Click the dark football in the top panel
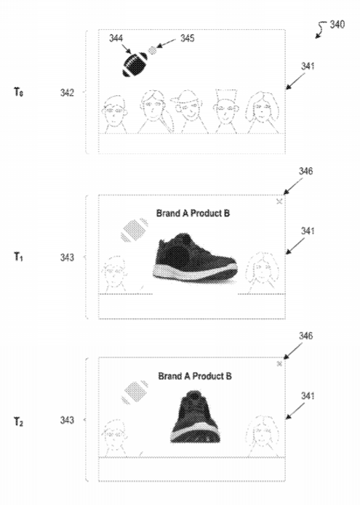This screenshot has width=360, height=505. [135, 65]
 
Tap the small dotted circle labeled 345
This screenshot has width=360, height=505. [152, 50]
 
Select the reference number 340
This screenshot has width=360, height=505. [337, 25]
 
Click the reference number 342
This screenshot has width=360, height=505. [67, 93]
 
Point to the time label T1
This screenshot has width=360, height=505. [18, 257]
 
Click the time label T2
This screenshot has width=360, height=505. [18, 421]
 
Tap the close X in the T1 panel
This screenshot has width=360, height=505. [279, 201]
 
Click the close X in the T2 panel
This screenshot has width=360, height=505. [279, 364]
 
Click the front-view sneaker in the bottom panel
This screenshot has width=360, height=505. [195, 416]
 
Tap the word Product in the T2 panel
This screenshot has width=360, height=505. [209, 376]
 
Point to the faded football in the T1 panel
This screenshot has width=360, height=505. [135, 230]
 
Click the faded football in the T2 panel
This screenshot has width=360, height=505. [135, 392]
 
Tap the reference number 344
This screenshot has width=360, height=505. [116, 39]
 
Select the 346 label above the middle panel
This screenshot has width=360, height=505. [305, 171]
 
